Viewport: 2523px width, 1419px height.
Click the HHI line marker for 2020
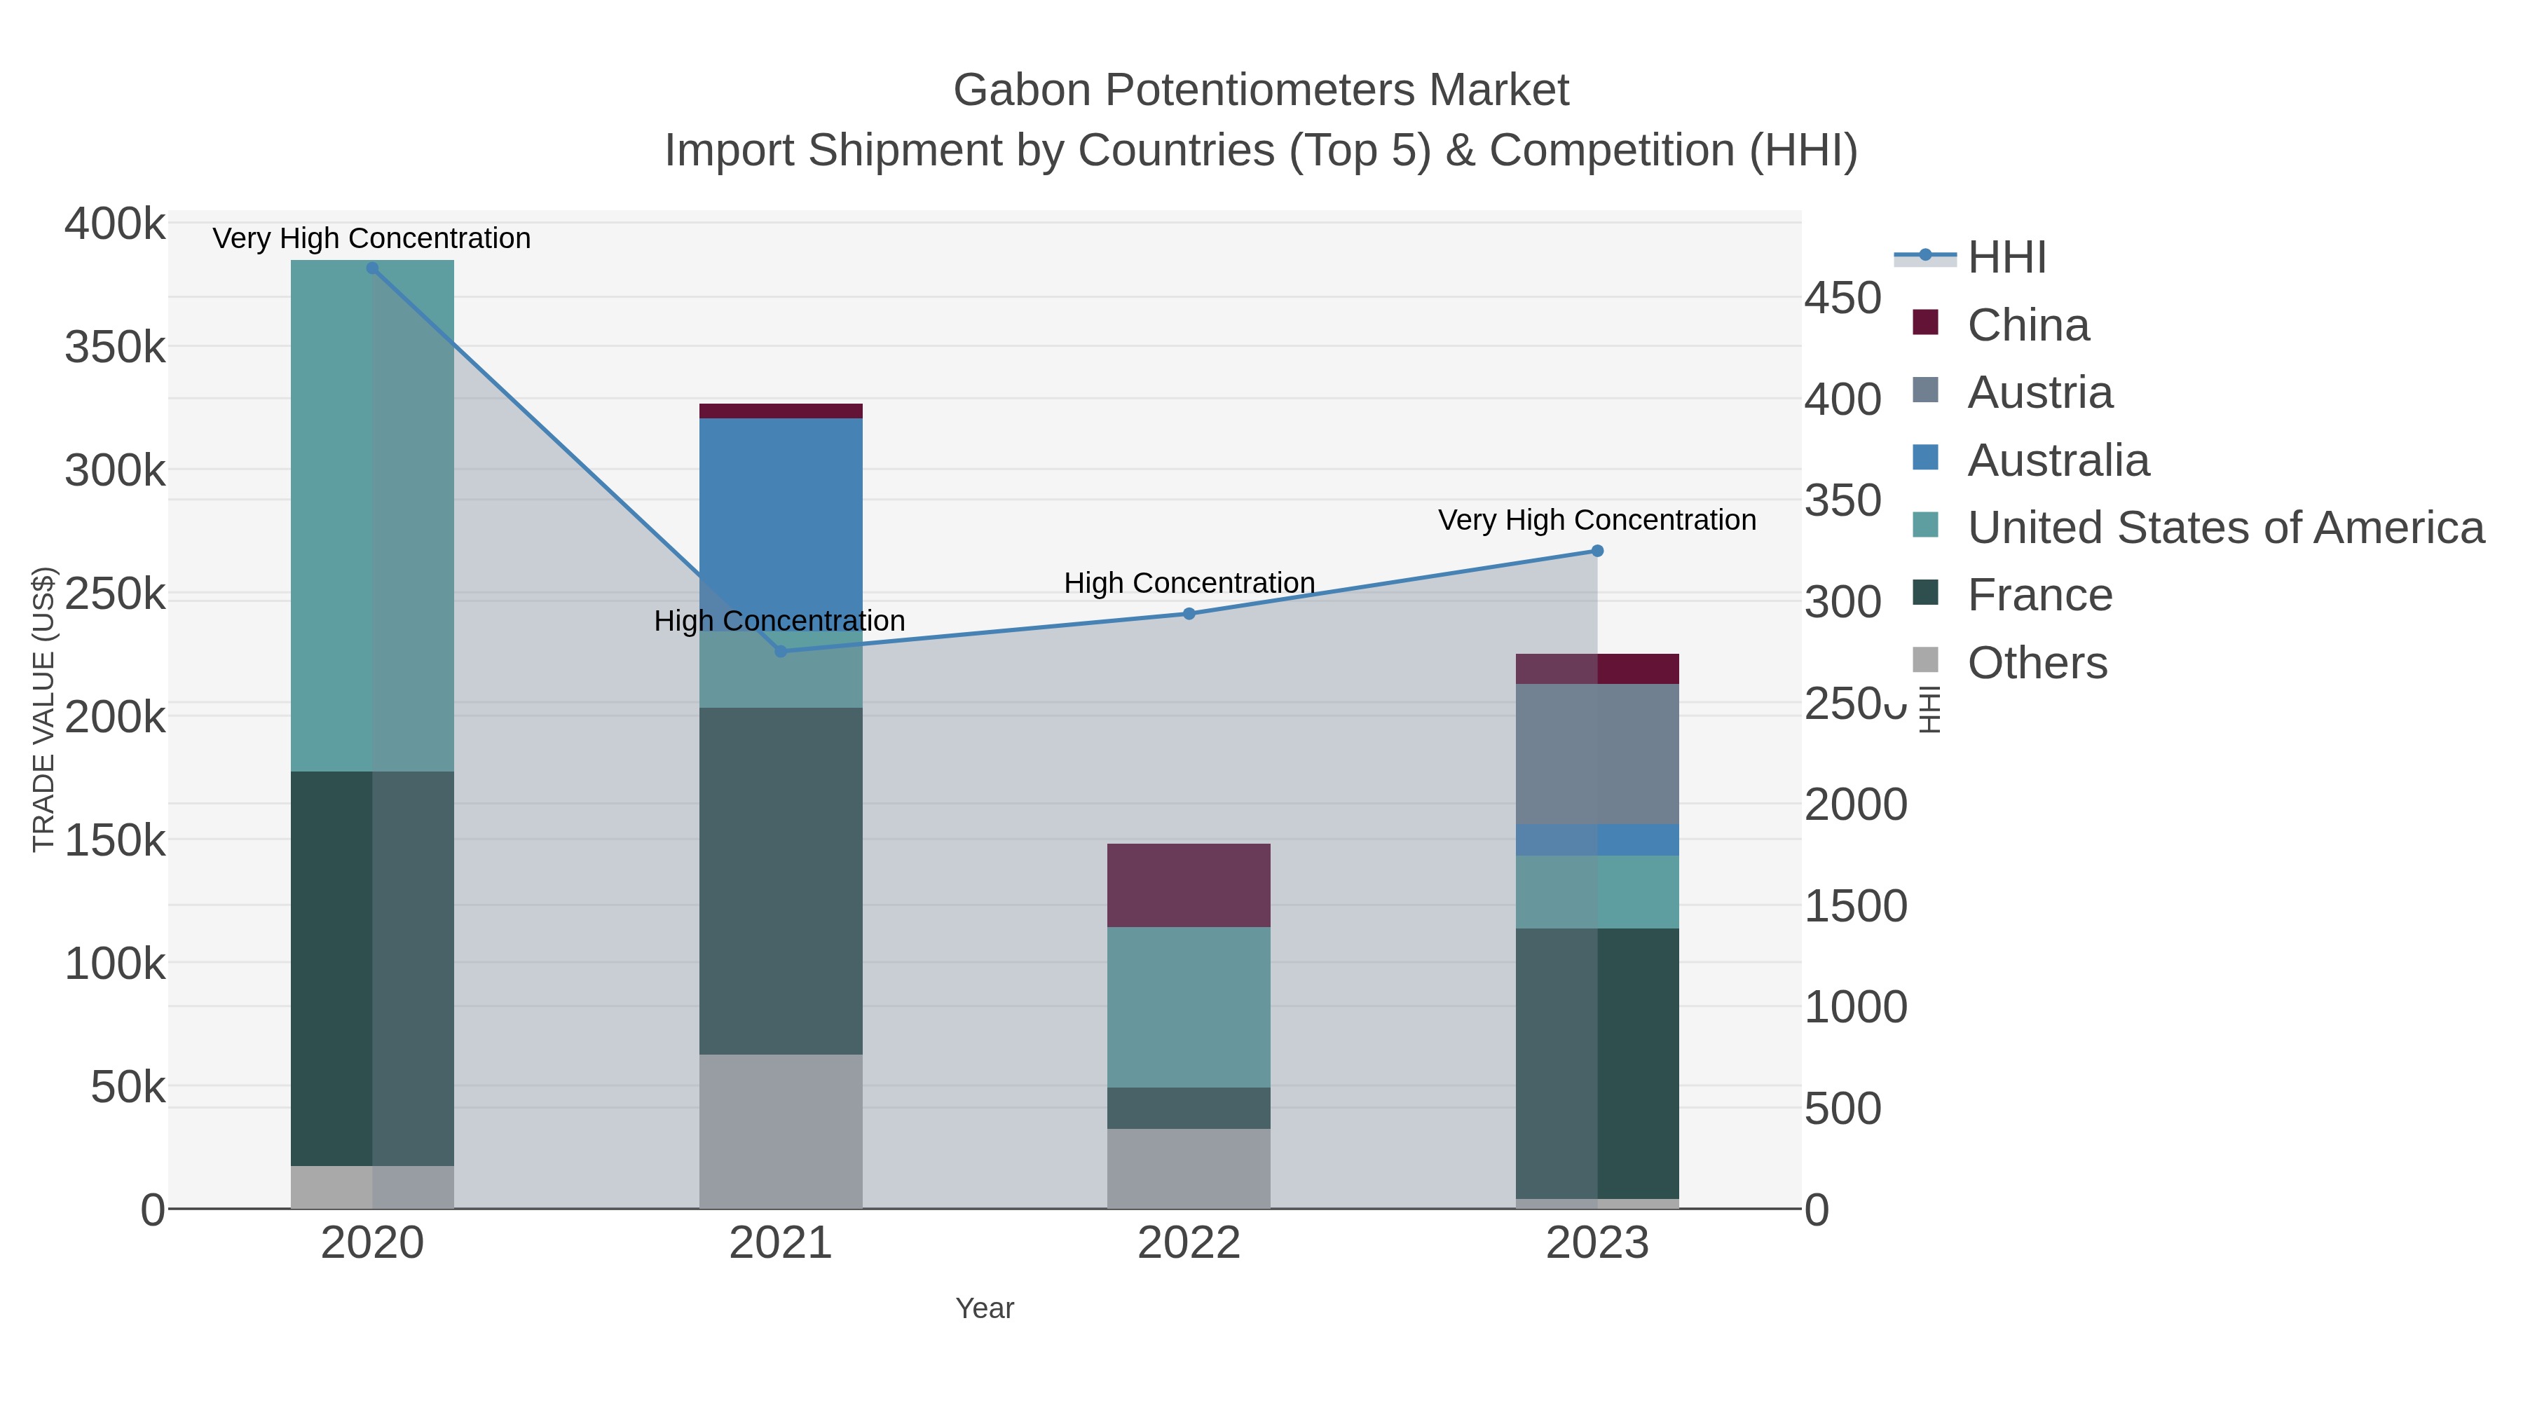coord(372,268)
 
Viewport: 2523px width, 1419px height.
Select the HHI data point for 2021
coord(781,651)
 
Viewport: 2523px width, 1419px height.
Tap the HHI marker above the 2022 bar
coord(1189,614)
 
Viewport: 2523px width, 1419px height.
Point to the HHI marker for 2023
coord(1597,551)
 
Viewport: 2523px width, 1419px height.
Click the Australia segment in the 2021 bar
coord(781,509)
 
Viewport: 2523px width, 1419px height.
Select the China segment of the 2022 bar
coord(1189,885)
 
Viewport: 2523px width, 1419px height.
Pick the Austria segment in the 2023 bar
coord(1597,754)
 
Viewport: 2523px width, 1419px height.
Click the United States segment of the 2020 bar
coord(372,516)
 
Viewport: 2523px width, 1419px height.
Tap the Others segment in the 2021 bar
coord(781,1131)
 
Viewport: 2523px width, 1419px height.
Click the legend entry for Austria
coord(2039,392)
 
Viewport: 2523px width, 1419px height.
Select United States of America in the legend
coord(2224,528)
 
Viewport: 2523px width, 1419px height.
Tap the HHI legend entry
coord(2006,258)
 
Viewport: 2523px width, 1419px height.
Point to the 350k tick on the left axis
coord(115,348)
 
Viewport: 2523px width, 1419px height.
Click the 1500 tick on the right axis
coord(1855,907)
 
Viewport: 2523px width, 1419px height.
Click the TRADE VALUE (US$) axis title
coord(44,710)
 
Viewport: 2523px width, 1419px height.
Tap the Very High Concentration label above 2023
coord(1596,520)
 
